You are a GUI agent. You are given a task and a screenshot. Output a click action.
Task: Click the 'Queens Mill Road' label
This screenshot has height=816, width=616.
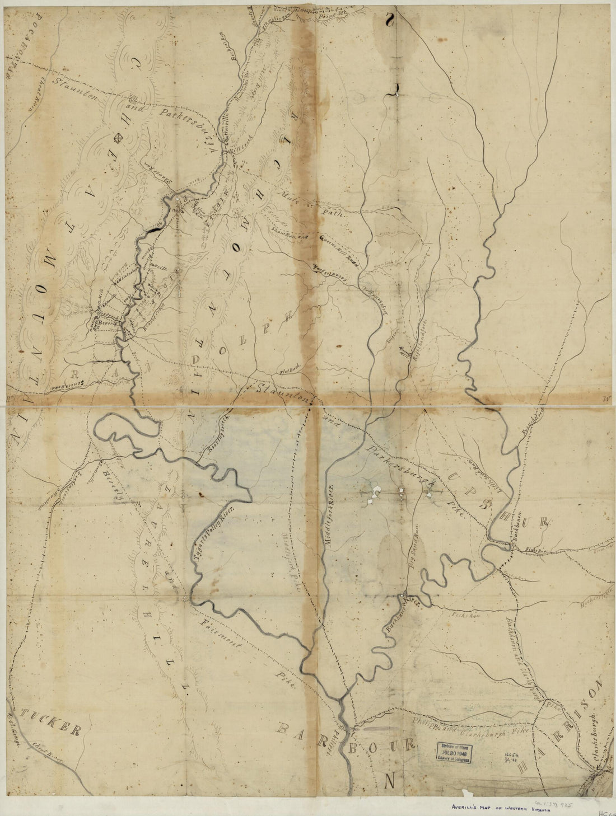334,251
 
